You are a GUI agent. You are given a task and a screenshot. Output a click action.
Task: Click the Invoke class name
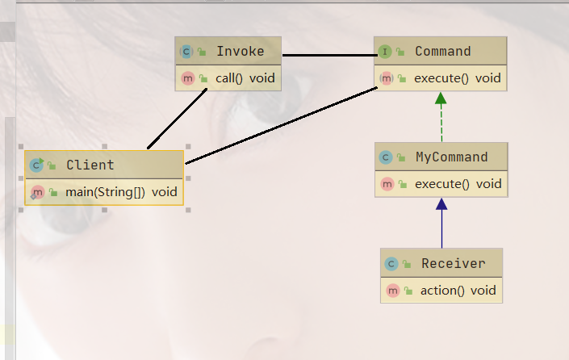pos(240,51)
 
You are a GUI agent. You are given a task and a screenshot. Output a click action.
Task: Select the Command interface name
pos(442,51)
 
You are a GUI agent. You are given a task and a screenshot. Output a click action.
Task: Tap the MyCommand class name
pos(451,157)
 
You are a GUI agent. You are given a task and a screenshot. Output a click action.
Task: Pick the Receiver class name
pos(453,263)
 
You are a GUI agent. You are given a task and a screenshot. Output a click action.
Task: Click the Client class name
pos(90,165)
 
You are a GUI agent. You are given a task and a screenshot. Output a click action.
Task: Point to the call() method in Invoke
pos(227,78)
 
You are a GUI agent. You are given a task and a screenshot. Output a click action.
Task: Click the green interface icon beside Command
pos(385,52)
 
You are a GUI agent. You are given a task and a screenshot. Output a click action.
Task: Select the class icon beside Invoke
pos(186,52)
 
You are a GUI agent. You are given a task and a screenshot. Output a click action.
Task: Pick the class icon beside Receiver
pos(391,264)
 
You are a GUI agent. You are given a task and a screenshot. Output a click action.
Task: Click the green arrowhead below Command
pos(441,99)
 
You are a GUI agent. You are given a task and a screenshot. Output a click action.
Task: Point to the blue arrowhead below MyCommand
pos(441,205)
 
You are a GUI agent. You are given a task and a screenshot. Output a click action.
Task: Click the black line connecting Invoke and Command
pos(327,56)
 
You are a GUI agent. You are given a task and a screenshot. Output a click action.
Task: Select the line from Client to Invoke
pos(178,119)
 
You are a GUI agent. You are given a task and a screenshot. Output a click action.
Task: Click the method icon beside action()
pos(393,291)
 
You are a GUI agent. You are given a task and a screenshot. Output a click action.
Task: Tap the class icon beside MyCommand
pos(387,157)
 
